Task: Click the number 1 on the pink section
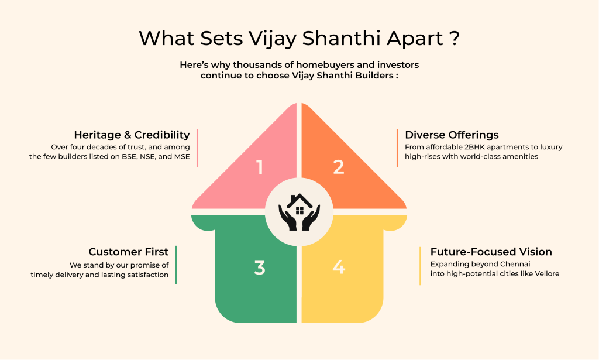pyautogui.click(x=260, y=167)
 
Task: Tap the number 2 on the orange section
pyautogui.click(x=339, y=167)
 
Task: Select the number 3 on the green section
pyautogui.click(x=260, y=268)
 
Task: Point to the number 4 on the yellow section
pyautogui.click(x=339, y=268)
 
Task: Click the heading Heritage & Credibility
pyautogui.click(x=132, y=135)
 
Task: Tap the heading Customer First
pyautogui.click(x=128, y=252)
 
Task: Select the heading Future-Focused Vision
pyautogui.click(x=491, y=252)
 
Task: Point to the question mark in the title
pyautogui.click(x=453, y=39)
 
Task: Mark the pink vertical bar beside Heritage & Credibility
pyautogui.click(x=198, y=148)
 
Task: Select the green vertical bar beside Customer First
pyautogui.click(x=176, y=265)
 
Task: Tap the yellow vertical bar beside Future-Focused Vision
pyautogui.click(x=421, y=266)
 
